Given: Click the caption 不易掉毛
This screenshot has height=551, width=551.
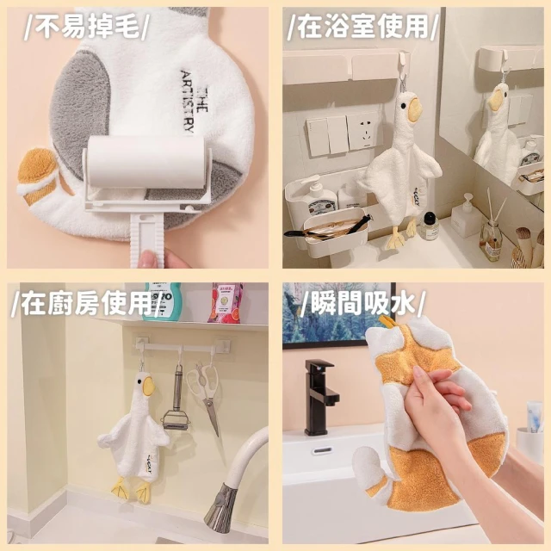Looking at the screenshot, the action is pyautogui.click(x=87, y=28).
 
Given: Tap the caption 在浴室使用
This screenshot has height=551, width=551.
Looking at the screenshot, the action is pyautogui.click(x=362, y=28).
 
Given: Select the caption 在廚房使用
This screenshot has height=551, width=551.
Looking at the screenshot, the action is pyautogui.click(x=87, y=304).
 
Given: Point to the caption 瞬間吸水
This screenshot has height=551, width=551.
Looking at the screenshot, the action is pyautogui.click(x=362, y=303).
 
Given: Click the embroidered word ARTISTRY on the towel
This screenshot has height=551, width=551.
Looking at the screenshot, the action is pyautogui.click(x=188, y=102).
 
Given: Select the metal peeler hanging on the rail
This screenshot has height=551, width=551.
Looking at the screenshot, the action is pyautogui.click(x=176, y=400).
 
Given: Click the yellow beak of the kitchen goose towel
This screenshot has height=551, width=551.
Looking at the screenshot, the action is pyautogui.click(x=149, y=386).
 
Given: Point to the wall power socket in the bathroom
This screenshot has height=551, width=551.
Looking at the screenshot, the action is pyautogui.click(x=363, y=131).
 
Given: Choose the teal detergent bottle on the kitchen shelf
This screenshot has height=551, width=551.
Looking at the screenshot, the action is pyautogui.click(x=162, y=301).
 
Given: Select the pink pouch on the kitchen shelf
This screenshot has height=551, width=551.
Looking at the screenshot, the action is pyautogui.click(x=225, y=303).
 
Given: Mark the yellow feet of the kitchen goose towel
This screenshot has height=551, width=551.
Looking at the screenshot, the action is pyautogui.click(x=132, y=489).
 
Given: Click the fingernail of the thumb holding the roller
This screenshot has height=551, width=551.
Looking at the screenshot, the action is pyautogui.click(x=148, y=259).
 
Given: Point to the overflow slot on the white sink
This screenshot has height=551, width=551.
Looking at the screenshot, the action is pyautogui.click(x=324, y=450).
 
